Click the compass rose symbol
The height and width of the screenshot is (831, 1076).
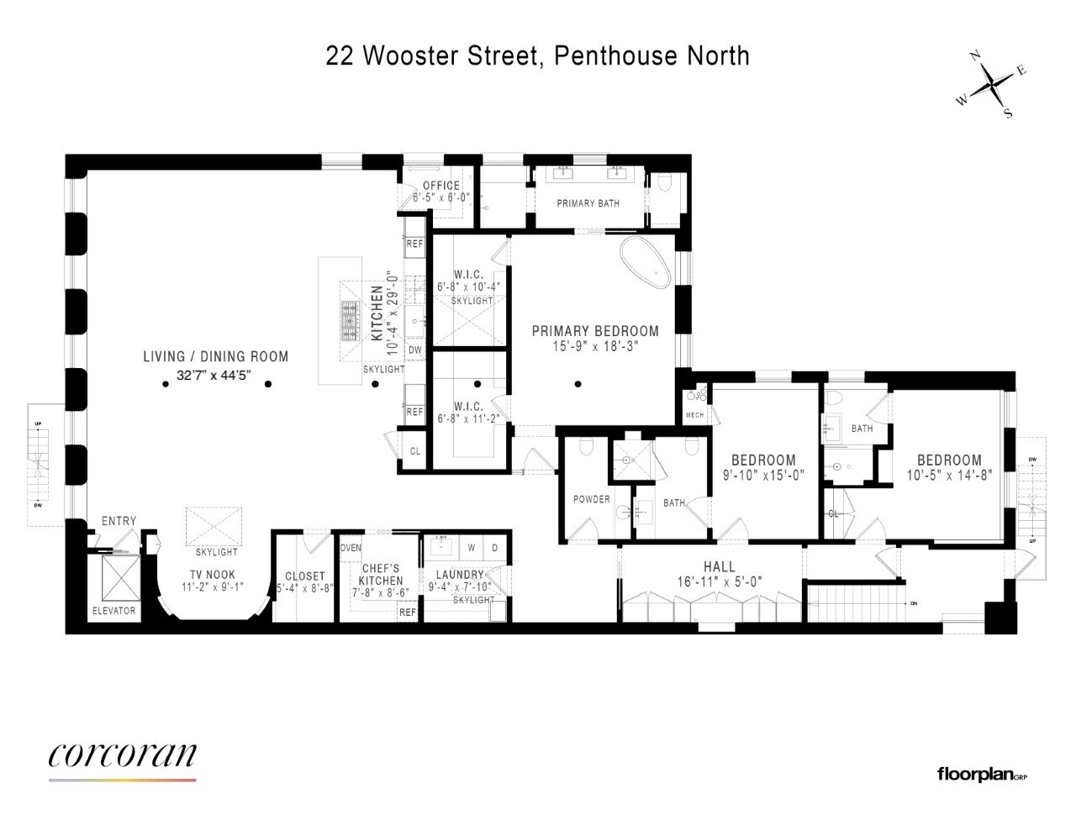click(993, 85)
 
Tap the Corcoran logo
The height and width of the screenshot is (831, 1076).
click(123, 756)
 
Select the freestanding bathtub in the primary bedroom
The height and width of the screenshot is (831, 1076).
click(646, 263)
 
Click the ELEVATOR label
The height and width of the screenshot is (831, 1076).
click(113, 611)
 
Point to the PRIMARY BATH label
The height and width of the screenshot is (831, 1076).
click(588, 203)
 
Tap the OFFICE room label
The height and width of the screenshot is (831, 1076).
click(441, 186)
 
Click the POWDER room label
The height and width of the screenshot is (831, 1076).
click(592, 499)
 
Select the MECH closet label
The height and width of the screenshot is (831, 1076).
click(694, 415)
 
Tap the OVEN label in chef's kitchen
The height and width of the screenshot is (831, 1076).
click(351, 548)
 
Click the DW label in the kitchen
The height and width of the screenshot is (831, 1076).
click(414, 350)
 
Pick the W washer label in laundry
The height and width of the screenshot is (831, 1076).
click(472, 548)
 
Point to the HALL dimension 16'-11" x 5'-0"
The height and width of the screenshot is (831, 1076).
click(720, 581)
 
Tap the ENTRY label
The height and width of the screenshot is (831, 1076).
click(119, 521)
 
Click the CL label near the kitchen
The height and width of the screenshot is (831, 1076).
click(414, 451)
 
